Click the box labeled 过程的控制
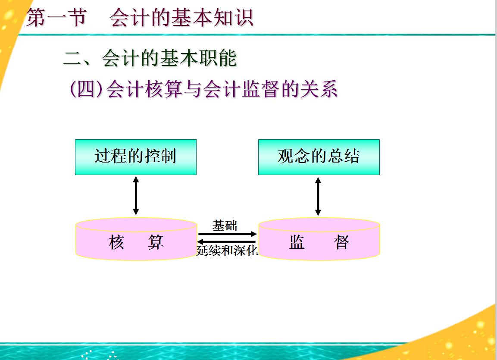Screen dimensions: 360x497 coord(136,157)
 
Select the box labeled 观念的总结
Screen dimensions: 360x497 coord(319,157)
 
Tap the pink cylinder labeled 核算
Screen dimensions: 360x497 coord(136,241)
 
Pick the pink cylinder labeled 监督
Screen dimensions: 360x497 coord(319,241)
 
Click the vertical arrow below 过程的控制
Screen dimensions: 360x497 coord(136,196)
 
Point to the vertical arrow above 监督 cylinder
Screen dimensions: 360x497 coord(318,196)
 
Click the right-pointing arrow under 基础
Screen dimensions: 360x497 coord(227,234)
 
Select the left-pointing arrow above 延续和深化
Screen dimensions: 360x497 coord(227,242)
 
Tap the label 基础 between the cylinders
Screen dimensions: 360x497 coord(225,225)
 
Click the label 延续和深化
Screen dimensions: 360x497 coord(227,250)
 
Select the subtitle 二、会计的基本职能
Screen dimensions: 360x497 coord(150,58)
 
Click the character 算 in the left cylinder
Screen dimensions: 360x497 coord(156,242)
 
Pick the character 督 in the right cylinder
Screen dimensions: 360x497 coord(341,242)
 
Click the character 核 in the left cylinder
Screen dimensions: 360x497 coord(117,242)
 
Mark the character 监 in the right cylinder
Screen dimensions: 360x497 coord(297,242)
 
